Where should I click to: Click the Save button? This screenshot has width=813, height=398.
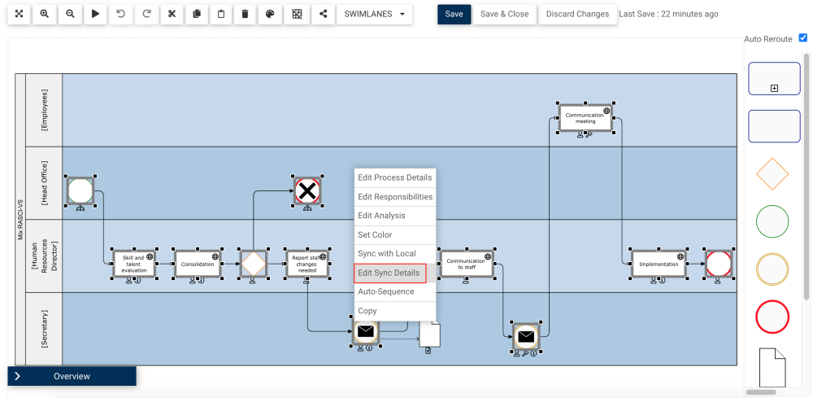[x=454, y=14]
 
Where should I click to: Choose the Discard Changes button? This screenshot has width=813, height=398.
[x=577, y=14]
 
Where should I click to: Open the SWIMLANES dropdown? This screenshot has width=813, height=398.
[x=374, y=14]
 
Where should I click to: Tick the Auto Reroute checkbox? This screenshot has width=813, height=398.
[x=803, y=37]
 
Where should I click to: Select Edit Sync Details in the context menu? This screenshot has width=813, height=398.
[x=389, y=273]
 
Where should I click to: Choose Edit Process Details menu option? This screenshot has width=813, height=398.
[x=395, y=177]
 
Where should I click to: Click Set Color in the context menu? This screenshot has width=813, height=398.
[x=375, y=234]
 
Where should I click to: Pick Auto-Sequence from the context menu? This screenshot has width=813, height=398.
[x=386, y=291]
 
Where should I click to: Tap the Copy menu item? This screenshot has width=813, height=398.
[x=367, y=311]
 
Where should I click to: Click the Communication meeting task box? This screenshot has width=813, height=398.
[x=585, y=117]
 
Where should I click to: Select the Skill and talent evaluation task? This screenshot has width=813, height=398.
[x=134, y=264]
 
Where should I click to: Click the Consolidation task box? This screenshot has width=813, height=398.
[x=198, y=264]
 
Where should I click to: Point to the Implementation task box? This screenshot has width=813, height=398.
[x=659, y=264]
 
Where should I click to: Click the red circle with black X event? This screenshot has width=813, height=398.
[x=307, y=192]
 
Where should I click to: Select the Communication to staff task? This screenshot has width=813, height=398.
[x=466, y=264]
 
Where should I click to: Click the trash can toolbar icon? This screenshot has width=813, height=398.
[x=246, y=14]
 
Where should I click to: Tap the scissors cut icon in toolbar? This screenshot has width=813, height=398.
[x=171, y=14]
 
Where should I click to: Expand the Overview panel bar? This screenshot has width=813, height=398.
[x=72, y=376]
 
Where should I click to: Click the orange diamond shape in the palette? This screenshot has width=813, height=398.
[x=772, y=173]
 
